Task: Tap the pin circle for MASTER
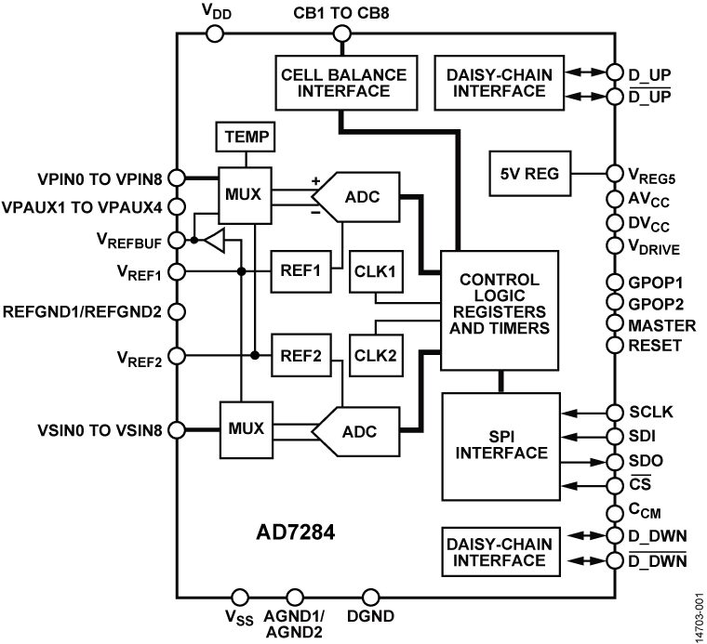[613, 323]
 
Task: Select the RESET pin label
[656, 345]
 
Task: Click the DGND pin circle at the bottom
[369, 597]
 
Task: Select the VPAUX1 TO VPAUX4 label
[82, 206]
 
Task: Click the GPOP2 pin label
[656, 303]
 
